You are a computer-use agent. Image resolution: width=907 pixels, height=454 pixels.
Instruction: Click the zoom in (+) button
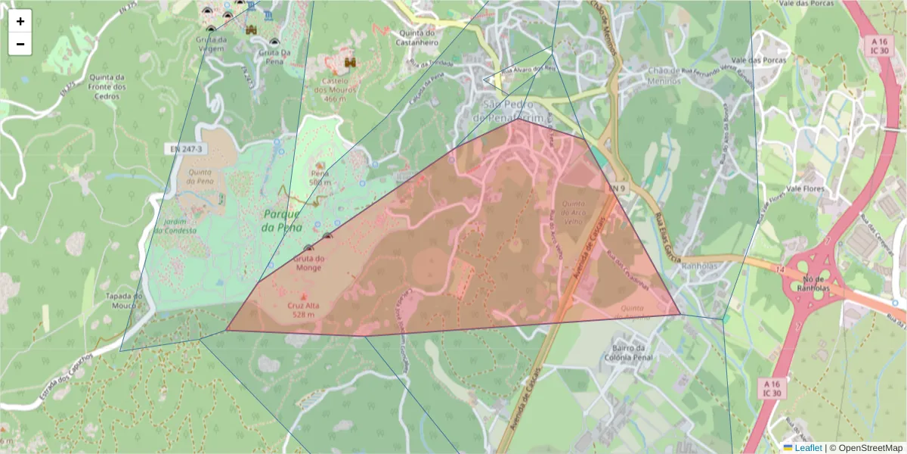click(x=20, y=21)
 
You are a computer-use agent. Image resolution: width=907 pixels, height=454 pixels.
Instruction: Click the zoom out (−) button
click(x=20, y=44)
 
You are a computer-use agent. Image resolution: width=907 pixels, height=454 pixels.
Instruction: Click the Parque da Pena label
click(x=282, y=220)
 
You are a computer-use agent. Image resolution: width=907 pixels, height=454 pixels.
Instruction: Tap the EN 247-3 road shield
click(x=185, y=149)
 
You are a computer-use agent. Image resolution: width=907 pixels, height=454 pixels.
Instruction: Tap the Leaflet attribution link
click(x=807, y=448)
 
